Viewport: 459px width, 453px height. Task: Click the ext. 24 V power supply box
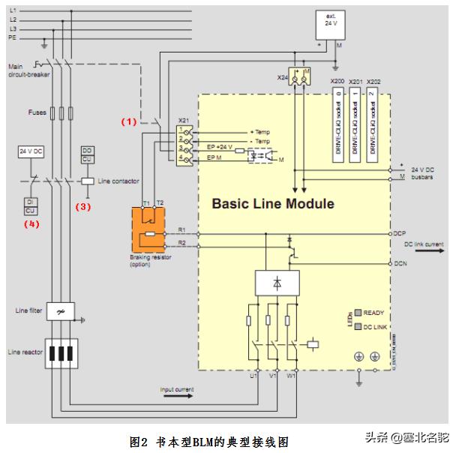pos(330,21)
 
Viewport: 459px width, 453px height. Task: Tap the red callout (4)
pos(31,223)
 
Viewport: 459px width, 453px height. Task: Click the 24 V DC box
pos(30,151)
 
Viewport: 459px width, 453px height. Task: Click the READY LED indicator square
pos(358,312)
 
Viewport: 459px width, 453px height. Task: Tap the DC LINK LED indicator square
pos(358,326)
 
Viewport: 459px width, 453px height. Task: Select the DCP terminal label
pos(398,233)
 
